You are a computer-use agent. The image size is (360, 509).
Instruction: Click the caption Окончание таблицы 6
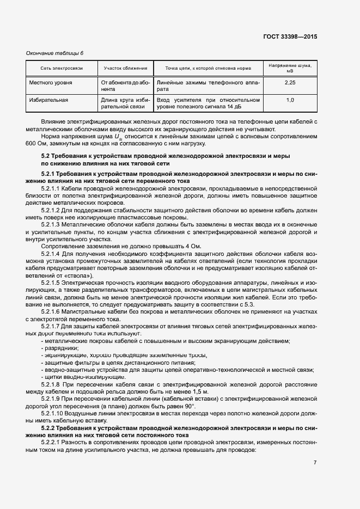55,53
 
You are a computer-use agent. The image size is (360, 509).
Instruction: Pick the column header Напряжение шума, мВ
290,68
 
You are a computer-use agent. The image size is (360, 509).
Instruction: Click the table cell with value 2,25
290,82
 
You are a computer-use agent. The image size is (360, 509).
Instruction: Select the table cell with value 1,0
290,100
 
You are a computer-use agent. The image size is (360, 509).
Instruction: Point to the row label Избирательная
48,100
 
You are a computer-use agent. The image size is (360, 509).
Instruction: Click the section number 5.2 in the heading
46,156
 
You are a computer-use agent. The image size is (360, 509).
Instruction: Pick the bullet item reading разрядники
61,348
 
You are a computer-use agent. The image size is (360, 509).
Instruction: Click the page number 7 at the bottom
315,462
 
